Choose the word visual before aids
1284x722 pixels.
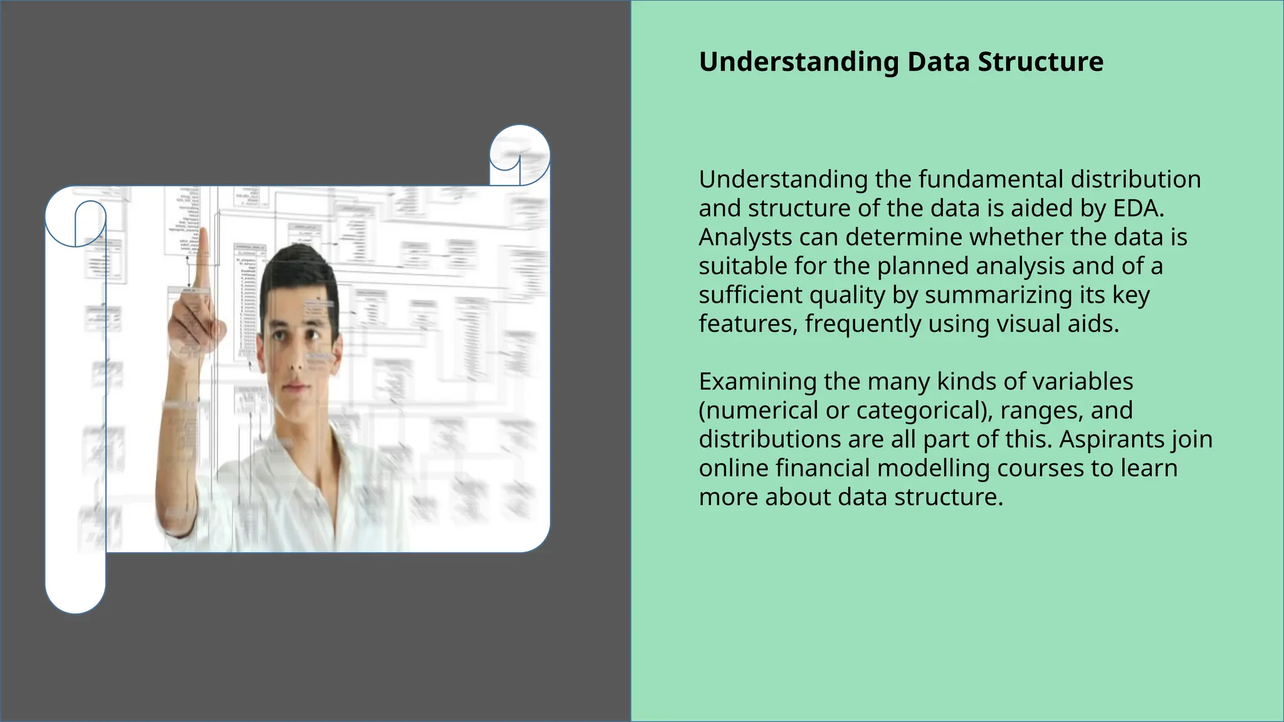click(1029, 323)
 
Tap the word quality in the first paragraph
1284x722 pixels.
click(845, 295)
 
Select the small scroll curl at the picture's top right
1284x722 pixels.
click(519, 154)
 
